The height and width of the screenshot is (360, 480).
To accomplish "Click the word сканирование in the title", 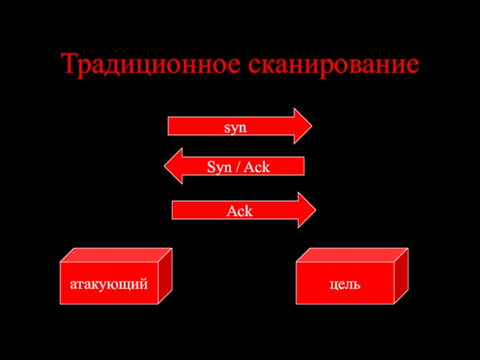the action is tap(337, 64).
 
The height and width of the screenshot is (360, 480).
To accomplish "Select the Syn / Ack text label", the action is tap(238, 167).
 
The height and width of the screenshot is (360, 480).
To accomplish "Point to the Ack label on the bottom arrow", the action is tap(239, 211).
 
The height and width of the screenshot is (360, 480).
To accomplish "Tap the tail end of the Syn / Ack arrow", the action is tap(301, 166).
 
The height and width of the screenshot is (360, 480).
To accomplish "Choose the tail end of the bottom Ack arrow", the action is tap(176, 210).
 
